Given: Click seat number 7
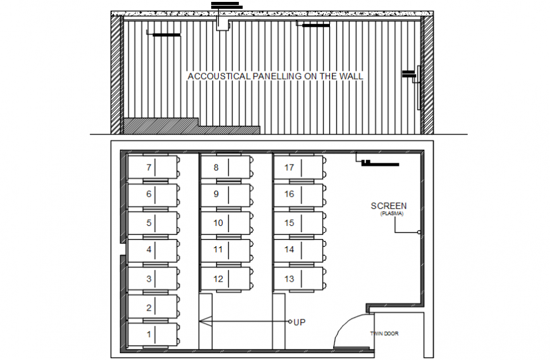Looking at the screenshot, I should tap(149, 168).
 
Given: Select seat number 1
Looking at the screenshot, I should tap(149, 335).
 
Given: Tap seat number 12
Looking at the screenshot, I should tap(218, 279).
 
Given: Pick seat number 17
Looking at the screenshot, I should tap(290, 168).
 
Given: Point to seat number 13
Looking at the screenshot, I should tap(290, 279).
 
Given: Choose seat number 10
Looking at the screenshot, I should tap(218, 223).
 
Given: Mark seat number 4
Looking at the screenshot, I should tap(149, 250).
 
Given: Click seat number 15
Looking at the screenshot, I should tap(290, 223).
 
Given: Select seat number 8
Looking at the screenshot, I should tap(216, 168).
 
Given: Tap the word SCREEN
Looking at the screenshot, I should tap(388, 206).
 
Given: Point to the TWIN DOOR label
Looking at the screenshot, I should tap(384, 333).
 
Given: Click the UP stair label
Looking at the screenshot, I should tap(299, 322).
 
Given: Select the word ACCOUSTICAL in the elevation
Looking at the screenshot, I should tap(219, 77).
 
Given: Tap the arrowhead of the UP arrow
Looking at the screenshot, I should tap(202, 322).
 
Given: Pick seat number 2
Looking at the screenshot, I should tap(149, 308).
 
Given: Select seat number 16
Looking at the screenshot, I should tap(290, 194).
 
